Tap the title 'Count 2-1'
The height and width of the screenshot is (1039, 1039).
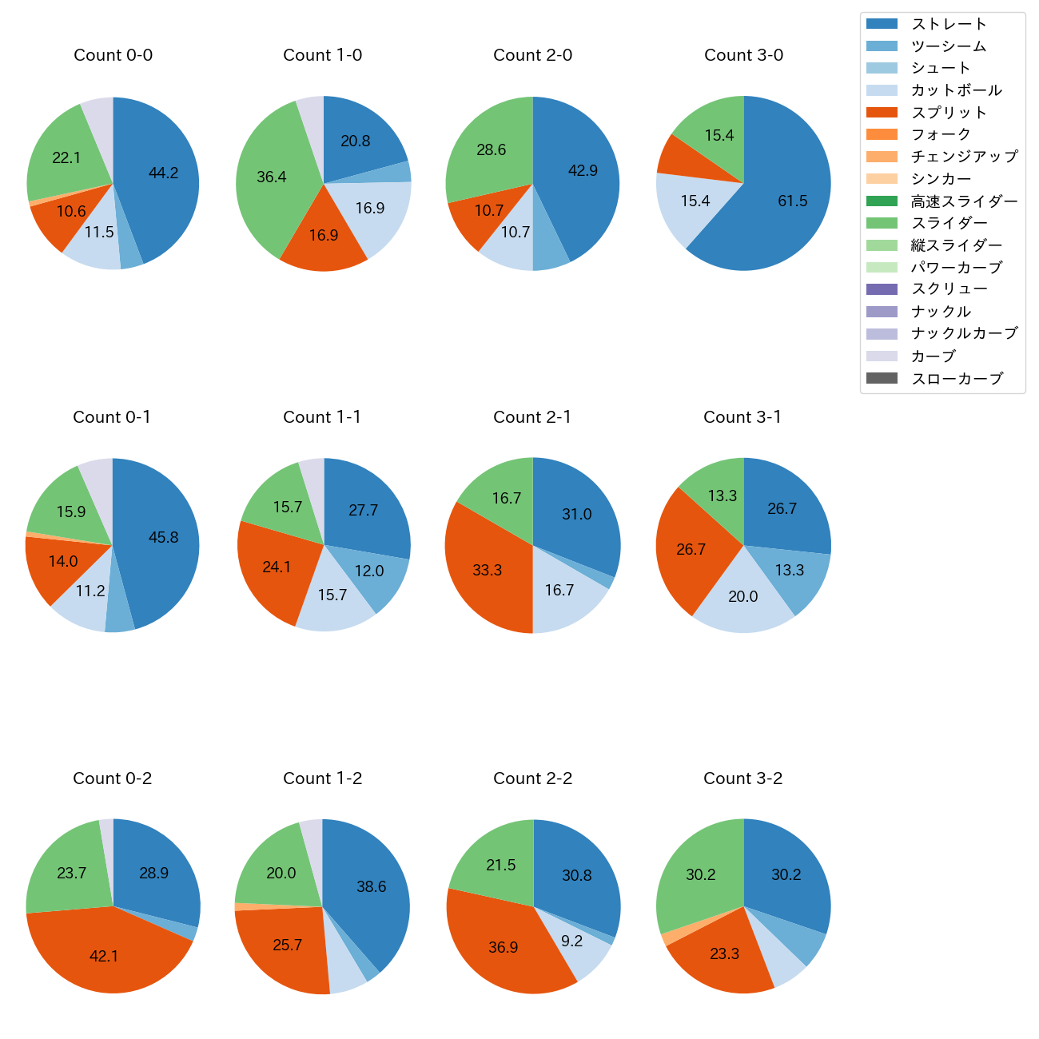532,417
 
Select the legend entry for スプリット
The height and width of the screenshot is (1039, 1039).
948,113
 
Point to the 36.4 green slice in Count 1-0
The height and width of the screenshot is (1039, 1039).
272,177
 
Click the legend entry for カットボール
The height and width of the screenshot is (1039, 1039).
956,90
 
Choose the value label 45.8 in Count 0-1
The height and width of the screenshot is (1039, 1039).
163,538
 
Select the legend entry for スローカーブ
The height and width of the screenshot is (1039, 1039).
957,379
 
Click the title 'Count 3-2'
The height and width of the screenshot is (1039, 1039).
742,778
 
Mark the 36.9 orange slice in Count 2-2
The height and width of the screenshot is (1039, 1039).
504,947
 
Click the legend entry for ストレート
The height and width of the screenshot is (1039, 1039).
948,24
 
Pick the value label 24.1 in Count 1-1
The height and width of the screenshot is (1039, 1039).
277,567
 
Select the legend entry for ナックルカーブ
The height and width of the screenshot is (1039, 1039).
964,334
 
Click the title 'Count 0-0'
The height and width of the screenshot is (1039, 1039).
113,55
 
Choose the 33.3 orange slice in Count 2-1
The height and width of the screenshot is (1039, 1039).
488,569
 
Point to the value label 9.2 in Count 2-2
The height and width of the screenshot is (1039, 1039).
571,941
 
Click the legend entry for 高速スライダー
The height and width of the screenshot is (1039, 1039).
964,201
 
